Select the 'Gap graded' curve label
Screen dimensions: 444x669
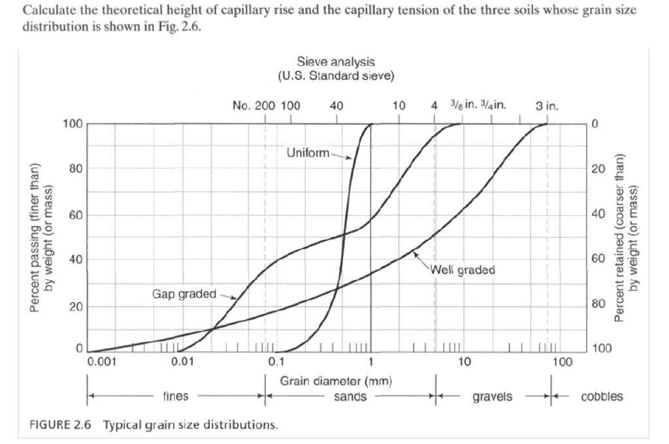click(184, 293)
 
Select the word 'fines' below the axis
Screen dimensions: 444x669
click(176, 396)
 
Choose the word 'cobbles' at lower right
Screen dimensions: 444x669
click(602, 396)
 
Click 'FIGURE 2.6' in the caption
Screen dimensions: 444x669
click(62, 424)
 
